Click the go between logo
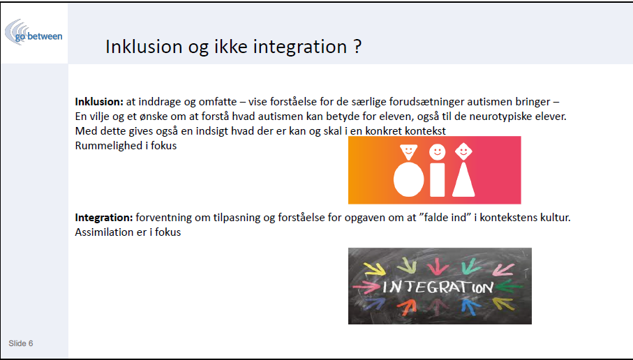pyautogui.click(x=33, y=32)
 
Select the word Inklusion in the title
pyautogui.click(x=143, y=47)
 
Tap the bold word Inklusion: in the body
pyautogui.click(x=99, y=102)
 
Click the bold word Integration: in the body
pyautogui.click(x=104, y=218)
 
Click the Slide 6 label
pyautogui.click(x=21, y=343)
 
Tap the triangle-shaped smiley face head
pyautogui.click(x=408, y=152)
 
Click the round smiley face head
pyautogui.click(x=437, y=152)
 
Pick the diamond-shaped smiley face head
pyautogui.click(x=463, y=151)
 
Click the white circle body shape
pyautogui.click(x=408, y=179)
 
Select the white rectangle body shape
pyautogui.click(x=437, y=179)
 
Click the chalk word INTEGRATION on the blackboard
pyautogui.click(x=438, y=287)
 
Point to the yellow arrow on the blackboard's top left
pyautogui.click(x=374, y=269)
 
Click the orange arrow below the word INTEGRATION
pyautogui.click(x=406, y=307)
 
